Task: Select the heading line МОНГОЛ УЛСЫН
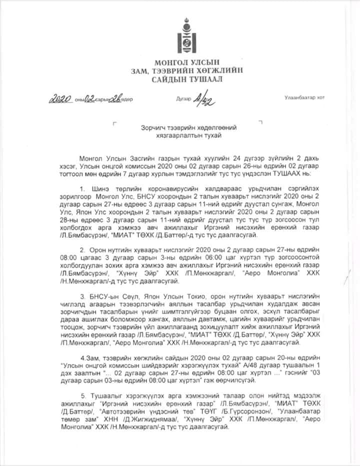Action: pos(181,63)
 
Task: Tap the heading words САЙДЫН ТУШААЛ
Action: pos(181,79)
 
